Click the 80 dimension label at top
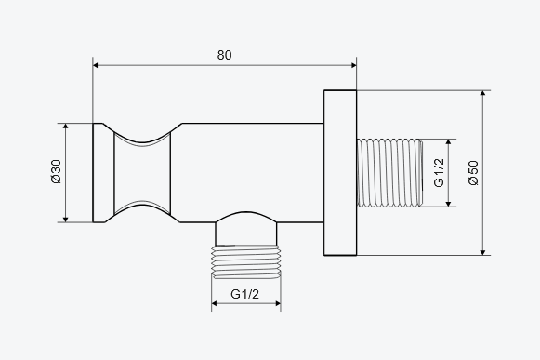[x=225, y=55]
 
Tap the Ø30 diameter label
[x=56, y=171]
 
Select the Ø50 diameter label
[x=473, y=173]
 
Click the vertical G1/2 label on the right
[x=439, y=173]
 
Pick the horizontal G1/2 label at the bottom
[x=244, y=294]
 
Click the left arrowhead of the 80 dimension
[x=96, y=65]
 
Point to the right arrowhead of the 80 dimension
[x=354, y=65]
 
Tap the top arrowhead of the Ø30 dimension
[x=66, y=127]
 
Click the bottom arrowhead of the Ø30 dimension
[x=66, y=220]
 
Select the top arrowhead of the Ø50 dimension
[x=482, y=93]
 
